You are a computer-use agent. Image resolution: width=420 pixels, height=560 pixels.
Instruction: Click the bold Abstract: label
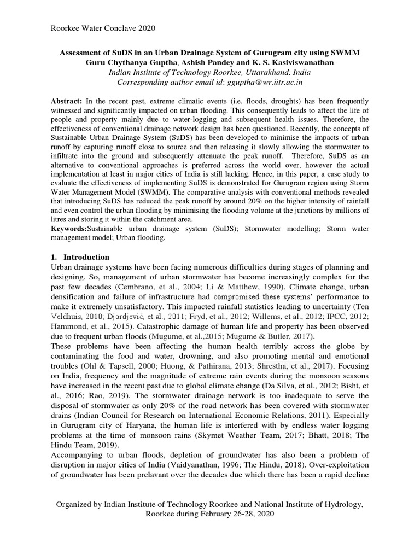(66, 102)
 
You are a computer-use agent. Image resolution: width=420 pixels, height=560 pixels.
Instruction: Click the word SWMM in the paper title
(347, 52)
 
